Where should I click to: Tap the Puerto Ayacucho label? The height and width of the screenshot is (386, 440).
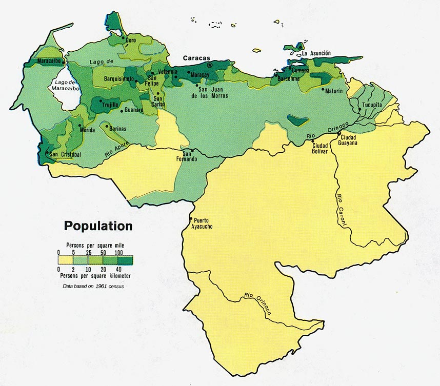pyautogui.click(x=205, y=224)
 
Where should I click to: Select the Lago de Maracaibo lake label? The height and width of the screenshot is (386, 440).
pyautogui.click(x=64, y=85)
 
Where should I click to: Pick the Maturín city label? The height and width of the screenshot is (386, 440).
pyautogui.click(x=333, y=91)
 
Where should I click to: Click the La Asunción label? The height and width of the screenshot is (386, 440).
pyautogui.click(x=316, y=53)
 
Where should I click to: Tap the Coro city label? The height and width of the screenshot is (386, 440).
pyautogui.click(x=130, y=40)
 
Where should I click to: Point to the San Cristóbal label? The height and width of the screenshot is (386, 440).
pyautogui.click(x=65, y=154)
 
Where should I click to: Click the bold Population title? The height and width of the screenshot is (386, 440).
pyautogui.click(x=98, y=226)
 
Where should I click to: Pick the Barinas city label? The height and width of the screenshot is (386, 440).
pyautogui.click(x=117, y=129)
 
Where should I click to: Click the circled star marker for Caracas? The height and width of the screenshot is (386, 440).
pyautogui.click(x=209, y=66)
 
